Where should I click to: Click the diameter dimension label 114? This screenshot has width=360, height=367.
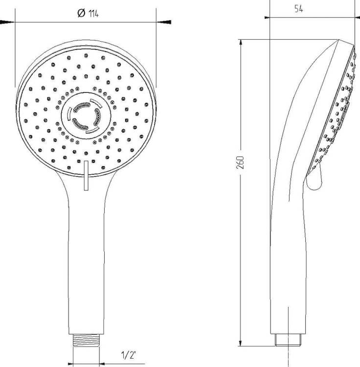(x=93, y=14)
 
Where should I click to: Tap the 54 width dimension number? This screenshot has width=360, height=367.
(x=298, y=9)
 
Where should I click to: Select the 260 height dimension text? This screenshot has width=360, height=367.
(x=240, y=162)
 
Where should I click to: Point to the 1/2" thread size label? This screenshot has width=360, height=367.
(x=129, y=355)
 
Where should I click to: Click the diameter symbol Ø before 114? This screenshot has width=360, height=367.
(x=81, y=13)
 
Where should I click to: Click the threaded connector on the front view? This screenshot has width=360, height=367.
(x=86, y=340)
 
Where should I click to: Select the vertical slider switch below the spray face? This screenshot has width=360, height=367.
(x=86, y=176)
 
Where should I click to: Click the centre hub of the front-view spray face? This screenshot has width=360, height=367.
(x=86, y=116)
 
